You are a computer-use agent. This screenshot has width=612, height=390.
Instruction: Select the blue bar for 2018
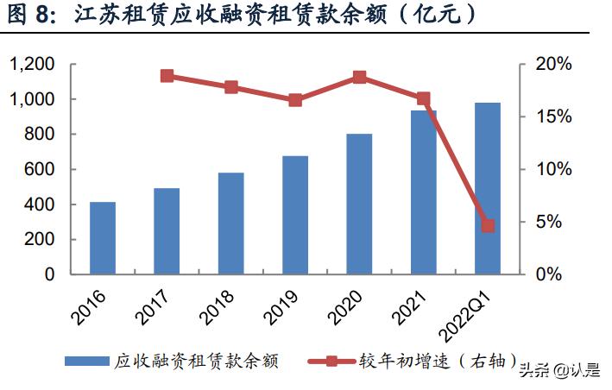pyautogui.click(x=231, y=223)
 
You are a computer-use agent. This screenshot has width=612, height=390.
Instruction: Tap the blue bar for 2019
pyautogui.click(x=295, y=215)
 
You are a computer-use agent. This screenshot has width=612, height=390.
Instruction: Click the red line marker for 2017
pyautogui.click(x=167, y=76)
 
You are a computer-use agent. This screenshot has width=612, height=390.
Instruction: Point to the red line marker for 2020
pyautogui.click(x=360, y=78)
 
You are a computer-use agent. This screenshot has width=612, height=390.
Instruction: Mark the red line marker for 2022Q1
pyautogui.click(x=488, y=226)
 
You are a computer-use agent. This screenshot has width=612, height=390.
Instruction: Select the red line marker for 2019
pyautogui.click(x=295, y=100)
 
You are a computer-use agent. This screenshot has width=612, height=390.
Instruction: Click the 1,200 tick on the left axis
pyautogui.click(x=32, y=65)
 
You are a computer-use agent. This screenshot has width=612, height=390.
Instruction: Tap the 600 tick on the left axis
pyautogui.click(x=40, y=170)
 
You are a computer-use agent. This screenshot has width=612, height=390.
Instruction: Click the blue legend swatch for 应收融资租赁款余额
pyautogui.click(x=89, y=361)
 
